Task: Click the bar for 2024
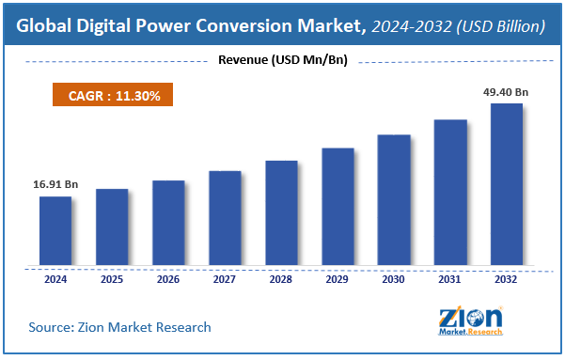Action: (55, 230)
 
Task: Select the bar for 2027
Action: (225, 218)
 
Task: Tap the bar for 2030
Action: (394, 199)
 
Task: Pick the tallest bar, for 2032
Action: (507, 183)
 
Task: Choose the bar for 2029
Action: (337, 206)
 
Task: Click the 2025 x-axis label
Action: (112, 278)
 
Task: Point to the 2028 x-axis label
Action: (281, 278)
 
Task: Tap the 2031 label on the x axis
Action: (450, 278)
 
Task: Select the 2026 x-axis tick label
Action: (168, 278)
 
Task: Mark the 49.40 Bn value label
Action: (507, 92)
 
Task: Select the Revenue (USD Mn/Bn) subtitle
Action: (281, 61)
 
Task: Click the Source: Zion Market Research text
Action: (119, 327)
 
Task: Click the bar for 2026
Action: (168, 222)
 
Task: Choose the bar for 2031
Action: (450, 192)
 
